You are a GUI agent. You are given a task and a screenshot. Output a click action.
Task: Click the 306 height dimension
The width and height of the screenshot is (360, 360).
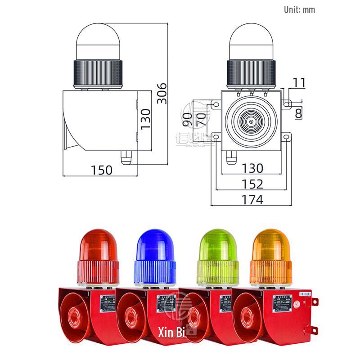(x=162, y=93)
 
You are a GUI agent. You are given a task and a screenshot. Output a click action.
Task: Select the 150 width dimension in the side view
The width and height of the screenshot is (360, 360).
(x=102, y=170)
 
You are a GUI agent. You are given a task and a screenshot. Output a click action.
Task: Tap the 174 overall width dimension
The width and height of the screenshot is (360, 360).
(x=252, y=199)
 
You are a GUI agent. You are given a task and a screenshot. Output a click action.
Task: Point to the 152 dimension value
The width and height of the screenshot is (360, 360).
(x=252, y=184)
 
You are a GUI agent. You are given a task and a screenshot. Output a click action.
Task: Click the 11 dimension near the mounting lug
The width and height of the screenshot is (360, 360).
(x=298, y=82)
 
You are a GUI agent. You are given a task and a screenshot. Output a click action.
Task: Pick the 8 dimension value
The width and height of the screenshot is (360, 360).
(x=299, y=114)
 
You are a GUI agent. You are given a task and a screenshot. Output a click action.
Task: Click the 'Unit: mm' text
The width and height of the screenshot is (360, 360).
(x=299, y=9)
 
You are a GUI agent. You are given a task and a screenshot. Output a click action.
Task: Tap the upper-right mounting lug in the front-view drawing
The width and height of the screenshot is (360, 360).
(x=287, y=104)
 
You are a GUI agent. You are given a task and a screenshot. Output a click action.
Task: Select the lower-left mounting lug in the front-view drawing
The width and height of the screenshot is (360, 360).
(x=215, y=136)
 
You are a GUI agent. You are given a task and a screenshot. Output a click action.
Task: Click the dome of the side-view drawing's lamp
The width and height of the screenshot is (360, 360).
(x=98, y=36)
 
